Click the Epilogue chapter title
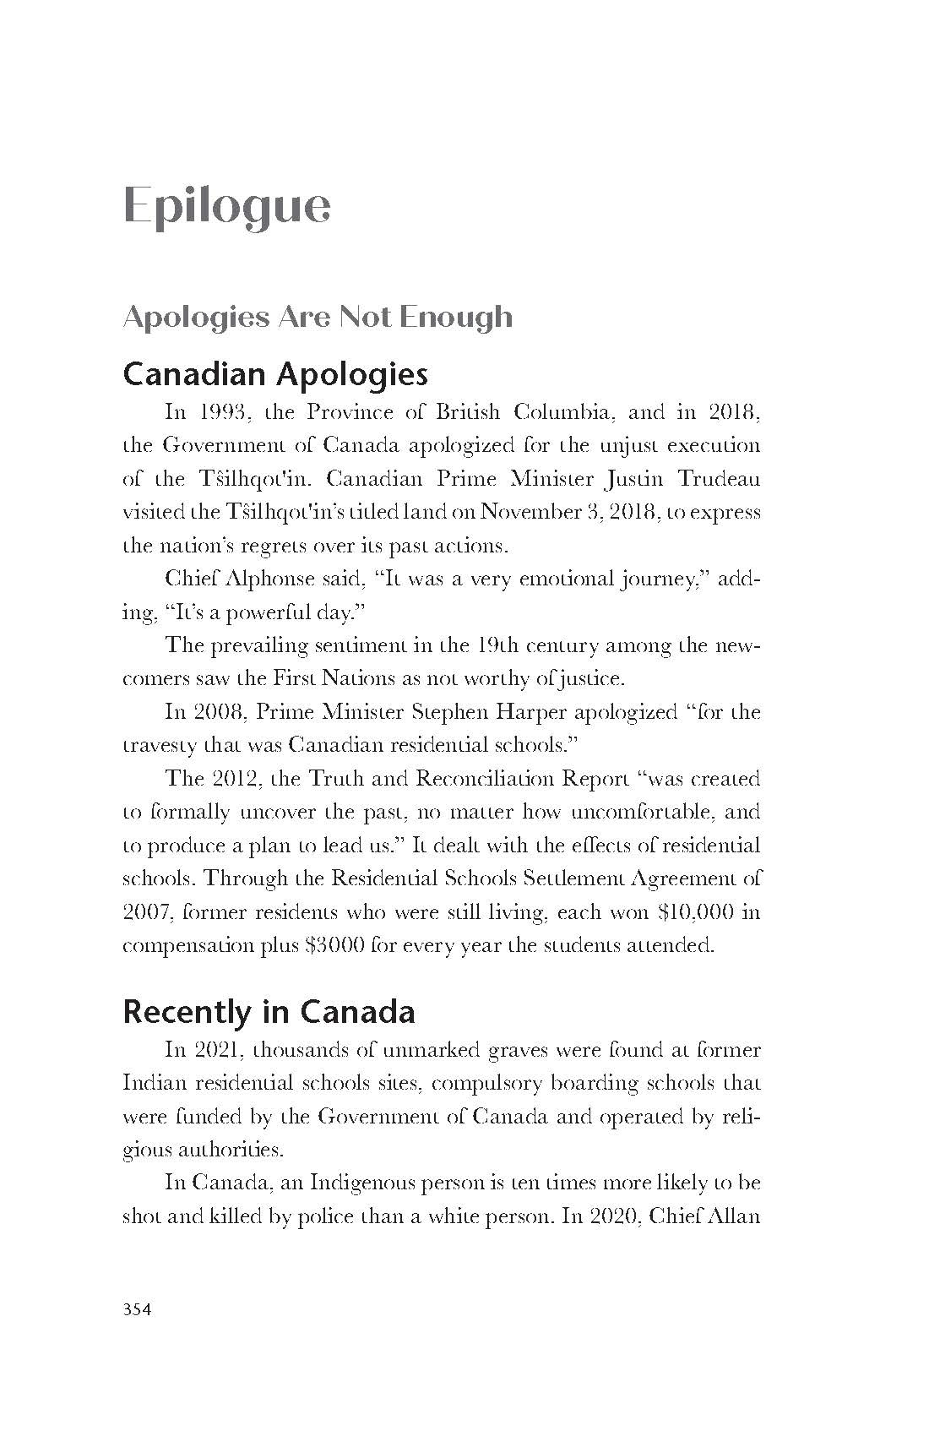coord(226,205)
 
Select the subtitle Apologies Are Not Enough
coord(318,317)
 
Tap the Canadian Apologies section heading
coord(275,373)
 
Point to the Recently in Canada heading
coord(269,1011)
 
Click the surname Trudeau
coord(719,479)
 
